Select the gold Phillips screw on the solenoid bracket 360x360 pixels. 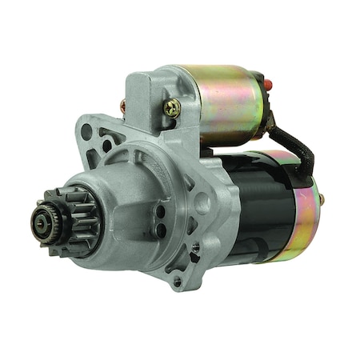point(171,106)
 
